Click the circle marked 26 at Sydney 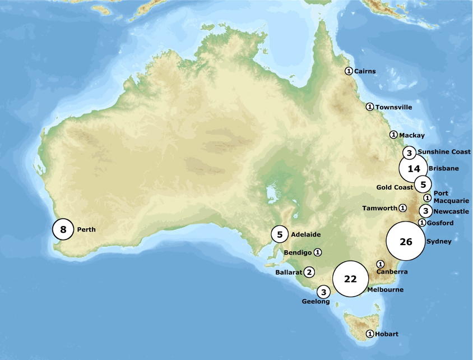pos(406,242)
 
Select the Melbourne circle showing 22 pos(351,279)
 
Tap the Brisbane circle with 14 pos(414,168)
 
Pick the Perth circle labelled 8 pos(63,229)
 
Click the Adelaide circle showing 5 pos(280,234)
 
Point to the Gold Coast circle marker pos(423,184)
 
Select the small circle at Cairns pos(348,71)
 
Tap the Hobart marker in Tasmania pos(369,334)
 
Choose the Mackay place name pos(411,136)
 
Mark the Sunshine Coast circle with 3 pos(410,153)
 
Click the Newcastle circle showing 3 pos(426,211)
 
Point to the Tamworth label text pos(379,208)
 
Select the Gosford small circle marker pos(421,223)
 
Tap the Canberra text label pos(391,272)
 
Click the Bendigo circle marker pos(318,252)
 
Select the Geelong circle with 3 pos(324,292)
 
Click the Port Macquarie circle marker pos(427,197)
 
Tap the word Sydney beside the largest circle pos(438,242)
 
